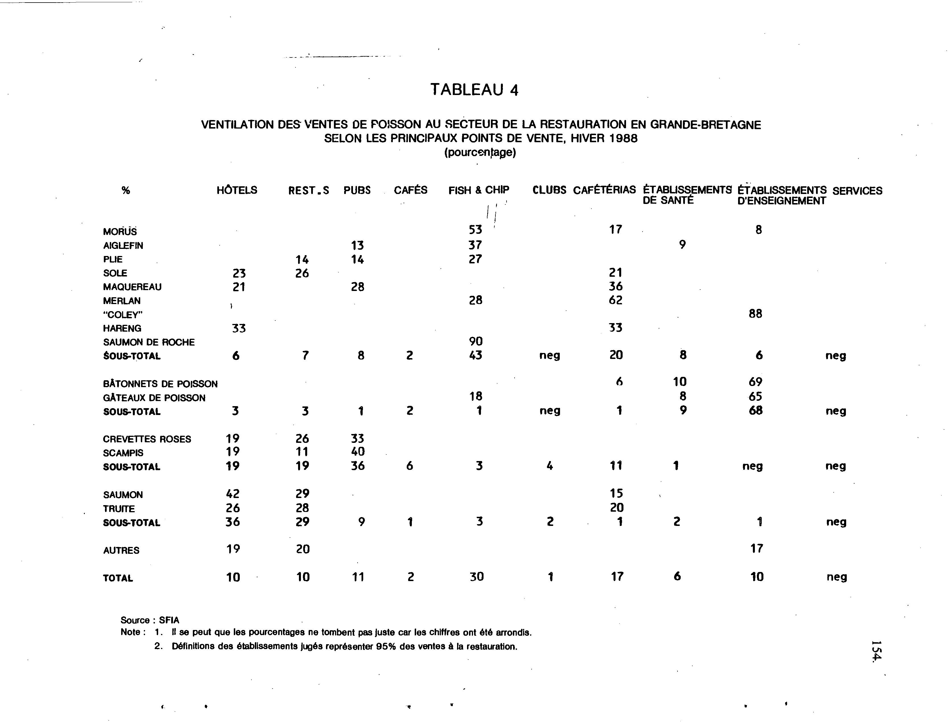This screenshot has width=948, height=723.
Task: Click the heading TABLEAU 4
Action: (x=474, y=90)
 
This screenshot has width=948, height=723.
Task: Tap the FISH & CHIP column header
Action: (x=478, y=190)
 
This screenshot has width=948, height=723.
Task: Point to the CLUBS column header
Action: (x=549, y=190)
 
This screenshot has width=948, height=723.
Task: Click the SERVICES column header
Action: (x=857, y=191)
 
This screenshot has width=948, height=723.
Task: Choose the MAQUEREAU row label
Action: (x=132, y=287)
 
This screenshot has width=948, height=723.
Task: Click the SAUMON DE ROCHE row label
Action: (x=148, y=342)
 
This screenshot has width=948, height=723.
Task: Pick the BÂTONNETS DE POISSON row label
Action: (x=160, y=384)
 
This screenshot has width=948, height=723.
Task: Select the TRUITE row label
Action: (x=119, y=509)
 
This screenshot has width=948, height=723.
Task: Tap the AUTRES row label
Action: (x=121, y=550)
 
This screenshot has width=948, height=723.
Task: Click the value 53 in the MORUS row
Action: (x=476, y=230)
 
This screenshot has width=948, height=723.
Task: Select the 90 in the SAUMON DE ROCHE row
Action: (x=476, y=342)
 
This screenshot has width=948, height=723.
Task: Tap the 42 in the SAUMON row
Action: (x=233, y=494)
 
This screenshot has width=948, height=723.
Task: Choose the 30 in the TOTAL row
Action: (x=477, y=577)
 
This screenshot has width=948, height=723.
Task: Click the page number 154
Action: (x=876, y=651)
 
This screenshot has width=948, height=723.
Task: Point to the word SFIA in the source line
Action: (x=169, y=620)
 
